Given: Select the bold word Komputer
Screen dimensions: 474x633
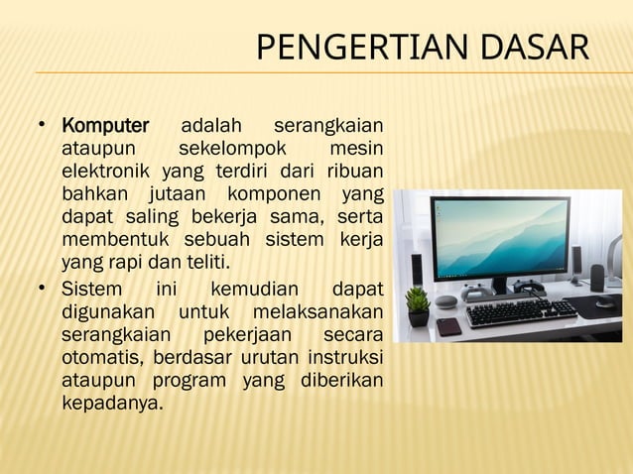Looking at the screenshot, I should (x=105, y=127).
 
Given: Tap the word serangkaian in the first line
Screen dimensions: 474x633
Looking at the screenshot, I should (x=328, y=127).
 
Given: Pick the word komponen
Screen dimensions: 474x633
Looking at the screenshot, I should (x=271, y=193).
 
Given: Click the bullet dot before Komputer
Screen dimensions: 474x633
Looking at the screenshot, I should (x=41, y=127).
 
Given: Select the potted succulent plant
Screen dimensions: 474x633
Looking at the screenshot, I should (x=418, y=303).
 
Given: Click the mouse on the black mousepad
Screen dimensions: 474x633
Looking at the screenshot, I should (x=602, y=300).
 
